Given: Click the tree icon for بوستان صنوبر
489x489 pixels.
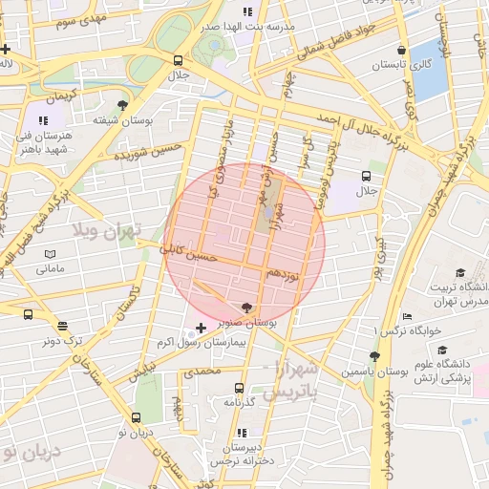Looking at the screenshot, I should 248,308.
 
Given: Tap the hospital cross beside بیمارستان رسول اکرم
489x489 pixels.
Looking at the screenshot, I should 201,328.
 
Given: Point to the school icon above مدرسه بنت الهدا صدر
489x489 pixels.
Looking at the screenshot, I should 246,12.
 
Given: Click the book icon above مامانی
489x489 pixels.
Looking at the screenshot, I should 50,254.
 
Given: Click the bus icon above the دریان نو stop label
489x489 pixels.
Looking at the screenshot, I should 136,417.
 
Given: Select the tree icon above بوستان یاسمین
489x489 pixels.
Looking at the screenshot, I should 374,355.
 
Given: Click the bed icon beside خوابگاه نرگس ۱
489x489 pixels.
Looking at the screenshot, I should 408,316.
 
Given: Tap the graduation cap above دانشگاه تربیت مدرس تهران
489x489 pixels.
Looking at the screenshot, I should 460,272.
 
